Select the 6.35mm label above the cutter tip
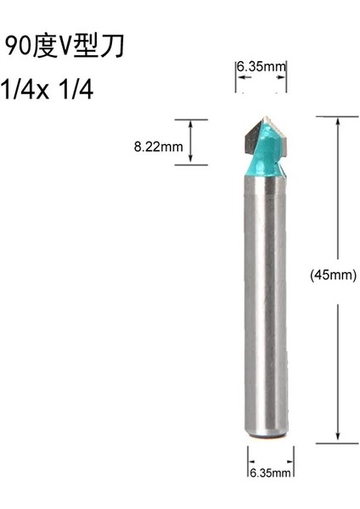[x=260, y=67]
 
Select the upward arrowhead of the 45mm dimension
[x=340, y=120]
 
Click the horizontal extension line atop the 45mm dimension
[x=335, y=115]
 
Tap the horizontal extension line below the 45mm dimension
[x=335, y=442]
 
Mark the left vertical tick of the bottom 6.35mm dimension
[x=247, y=469]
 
